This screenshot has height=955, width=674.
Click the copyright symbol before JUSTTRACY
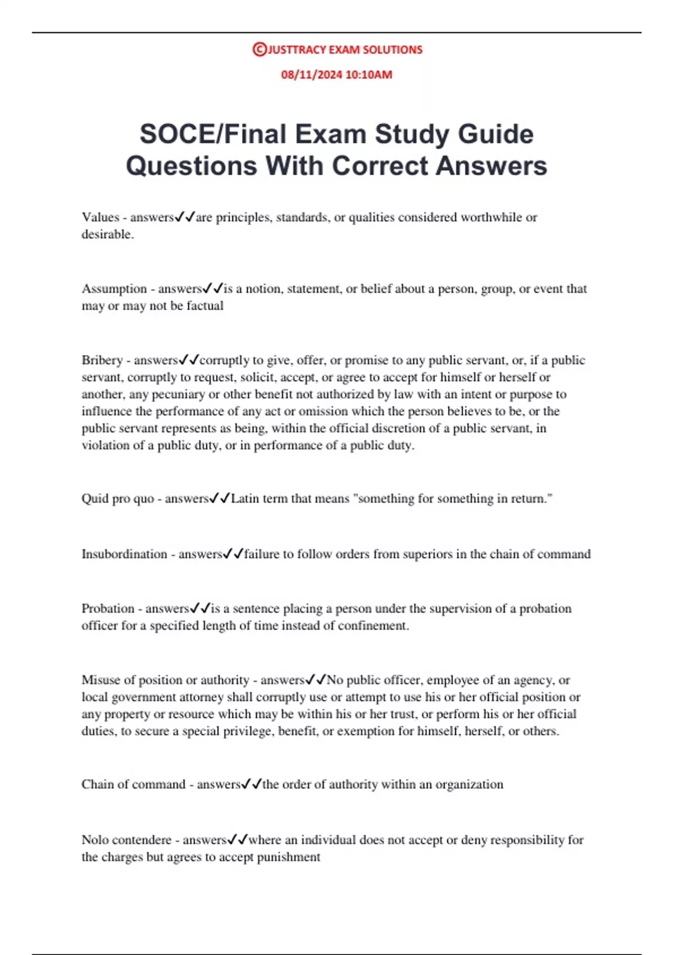click(259, 49)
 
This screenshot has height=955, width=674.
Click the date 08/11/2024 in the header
click(308, 75)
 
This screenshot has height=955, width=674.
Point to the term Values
click(101, 217)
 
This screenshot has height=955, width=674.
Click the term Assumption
click(114, 289)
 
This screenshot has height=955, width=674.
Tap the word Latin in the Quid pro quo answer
click(245, 498)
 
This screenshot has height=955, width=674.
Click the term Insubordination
click(124, 554)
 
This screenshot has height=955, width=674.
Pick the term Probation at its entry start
click(108, 608)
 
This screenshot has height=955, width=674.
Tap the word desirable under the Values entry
click(107, 235)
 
